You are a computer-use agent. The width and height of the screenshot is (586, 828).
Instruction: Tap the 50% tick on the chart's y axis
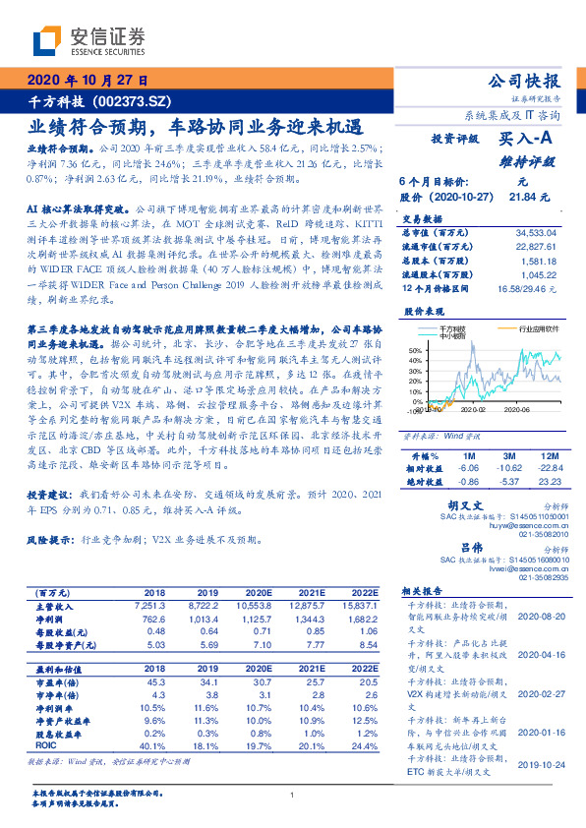[415, 349]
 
